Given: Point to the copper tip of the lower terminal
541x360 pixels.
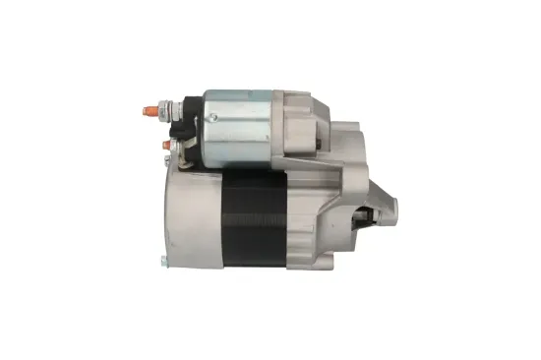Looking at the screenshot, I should pos(165,147).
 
